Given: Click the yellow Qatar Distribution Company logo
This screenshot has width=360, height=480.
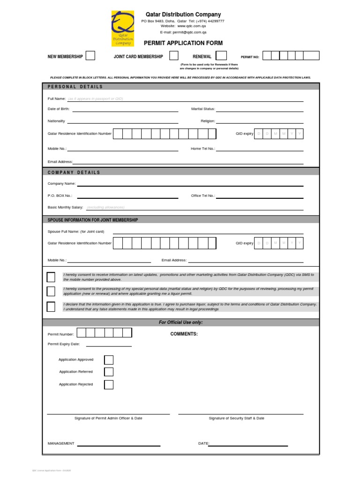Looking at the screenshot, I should tap(122, 29).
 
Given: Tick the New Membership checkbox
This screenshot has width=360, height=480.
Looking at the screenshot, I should tap(90, 56).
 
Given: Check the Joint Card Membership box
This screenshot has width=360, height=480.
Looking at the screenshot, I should tap(173, 56).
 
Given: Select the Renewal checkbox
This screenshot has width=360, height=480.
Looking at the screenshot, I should tap(221, 56).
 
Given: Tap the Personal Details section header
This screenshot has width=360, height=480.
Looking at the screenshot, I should tap(75, 87).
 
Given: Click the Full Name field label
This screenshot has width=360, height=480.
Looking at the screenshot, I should tap(57, 99).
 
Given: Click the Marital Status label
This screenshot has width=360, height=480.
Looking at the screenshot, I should tap(203, 109).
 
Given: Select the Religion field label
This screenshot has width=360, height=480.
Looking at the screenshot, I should tap(208, 121).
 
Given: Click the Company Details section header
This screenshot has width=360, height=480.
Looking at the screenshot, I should tap(74, 172).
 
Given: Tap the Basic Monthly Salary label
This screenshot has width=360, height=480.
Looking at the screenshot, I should tap(65, 207).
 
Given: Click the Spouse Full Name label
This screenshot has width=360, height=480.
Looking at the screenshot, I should tap(75, 232).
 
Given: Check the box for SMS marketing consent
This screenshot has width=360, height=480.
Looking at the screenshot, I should tap(51, 277).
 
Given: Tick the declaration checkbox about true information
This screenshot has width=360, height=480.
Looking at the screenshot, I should tap(51, 307).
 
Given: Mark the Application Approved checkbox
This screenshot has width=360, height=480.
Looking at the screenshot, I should tap(109, 360).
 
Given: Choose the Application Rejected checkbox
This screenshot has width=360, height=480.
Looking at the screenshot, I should tap(109, 385).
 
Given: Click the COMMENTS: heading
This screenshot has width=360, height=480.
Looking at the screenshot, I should tap(184, 334).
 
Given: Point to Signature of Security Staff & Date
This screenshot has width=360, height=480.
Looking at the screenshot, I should tap(236, 418).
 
